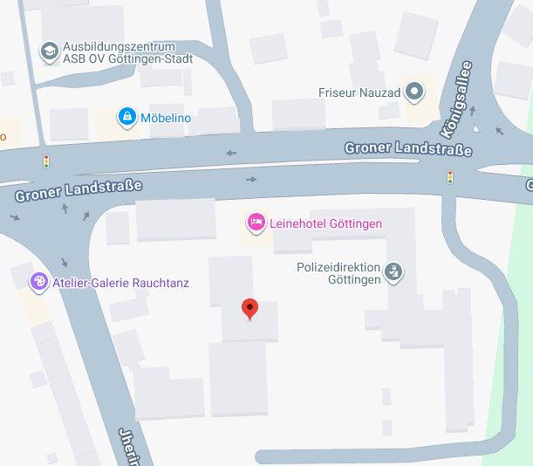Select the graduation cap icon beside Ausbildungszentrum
tap(50, 51)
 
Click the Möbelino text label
tap(167, 117)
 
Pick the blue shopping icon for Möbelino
tap(127, 116)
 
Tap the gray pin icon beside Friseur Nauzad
tap(414, 90)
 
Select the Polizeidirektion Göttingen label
tap(339, 273)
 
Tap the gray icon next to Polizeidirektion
tap(394, 271)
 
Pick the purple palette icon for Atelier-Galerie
tap(38, 282)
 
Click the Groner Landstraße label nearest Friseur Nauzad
tap(407, 148)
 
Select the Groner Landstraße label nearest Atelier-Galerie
tap(78, 190)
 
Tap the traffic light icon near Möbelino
tap(46, 161)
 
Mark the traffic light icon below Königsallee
tap(450, 177)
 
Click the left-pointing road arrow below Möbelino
tap(231, 154)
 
